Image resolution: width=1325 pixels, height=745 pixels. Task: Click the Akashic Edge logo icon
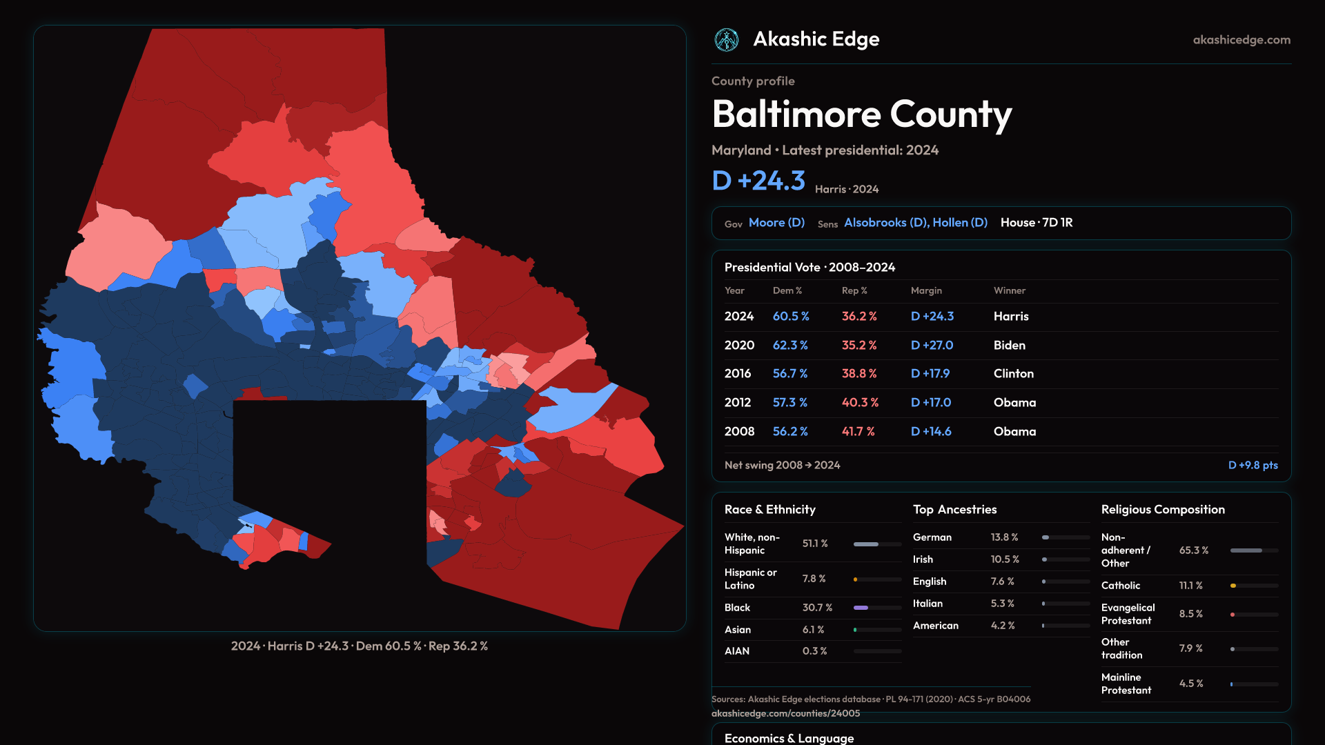tap(726, 40)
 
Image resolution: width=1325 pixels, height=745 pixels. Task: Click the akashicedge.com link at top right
tap(1241, 40)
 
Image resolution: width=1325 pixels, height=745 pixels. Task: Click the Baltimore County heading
tap(861, 115)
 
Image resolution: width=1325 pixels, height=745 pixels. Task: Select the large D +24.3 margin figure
tap(758, 181)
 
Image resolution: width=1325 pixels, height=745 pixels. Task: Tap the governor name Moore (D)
tap(776, 223)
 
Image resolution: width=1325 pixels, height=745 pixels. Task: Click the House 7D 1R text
tap(1036, 223)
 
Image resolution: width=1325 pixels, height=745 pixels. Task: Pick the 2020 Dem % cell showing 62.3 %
tap(790, 345)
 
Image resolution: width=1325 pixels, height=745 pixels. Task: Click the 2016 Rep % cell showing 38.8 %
tap(859, 373)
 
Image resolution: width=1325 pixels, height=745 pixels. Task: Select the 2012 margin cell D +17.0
tap(931, 402)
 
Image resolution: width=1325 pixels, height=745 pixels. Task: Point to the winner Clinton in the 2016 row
tap(1013, 373)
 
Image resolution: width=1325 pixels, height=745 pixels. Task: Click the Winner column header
tap(1009, 290)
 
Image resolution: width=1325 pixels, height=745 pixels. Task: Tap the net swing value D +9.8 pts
tap(1253, 465)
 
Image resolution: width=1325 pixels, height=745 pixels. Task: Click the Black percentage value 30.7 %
tap(817, 608)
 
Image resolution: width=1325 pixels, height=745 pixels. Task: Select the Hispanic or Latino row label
tap(750, 579)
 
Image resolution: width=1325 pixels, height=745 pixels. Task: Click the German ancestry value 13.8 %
tap(1004, 537)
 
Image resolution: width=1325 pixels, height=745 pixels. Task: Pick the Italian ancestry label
tap(927, 604)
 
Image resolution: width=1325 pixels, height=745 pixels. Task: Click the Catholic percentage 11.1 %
tap(1190, 586)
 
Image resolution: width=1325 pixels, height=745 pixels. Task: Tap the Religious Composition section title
tap(1163, 510)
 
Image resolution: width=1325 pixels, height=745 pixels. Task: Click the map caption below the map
tap(360, 646)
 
